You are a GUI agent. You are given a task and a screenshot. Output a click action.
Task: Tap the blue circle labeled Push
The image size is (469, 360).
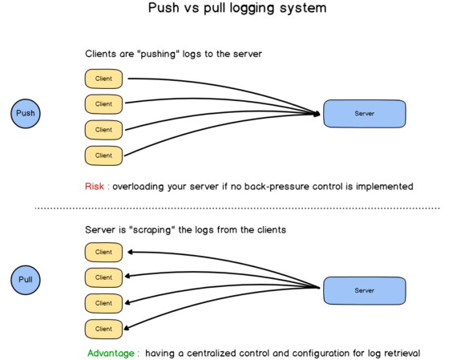26,113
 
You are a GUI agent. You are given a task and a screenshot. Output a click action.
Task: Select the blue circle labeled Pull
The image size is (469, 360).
26,280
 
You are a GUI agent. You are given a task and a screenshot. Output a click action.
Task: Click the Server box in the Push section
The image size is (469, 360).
365,114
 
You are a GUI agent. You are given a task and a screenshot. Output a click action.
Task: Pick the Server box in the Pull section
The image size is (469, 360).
365,290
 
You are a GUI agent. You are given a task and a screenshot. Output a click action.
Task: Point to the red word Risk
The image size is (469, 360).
95,187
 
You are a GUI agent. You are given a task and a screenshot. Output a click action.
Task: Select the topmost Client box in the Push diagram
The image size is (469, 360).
103,79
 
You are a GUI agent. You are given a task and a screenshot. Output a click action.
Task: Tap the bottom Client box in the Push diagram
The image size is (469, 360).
103,155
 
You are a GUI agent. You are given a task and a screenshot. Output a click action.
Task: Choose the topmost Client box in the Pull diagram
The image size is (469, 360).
103,252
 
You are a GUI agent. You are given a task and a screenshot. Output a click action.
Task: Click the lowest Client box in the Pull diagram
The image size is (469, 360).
103,329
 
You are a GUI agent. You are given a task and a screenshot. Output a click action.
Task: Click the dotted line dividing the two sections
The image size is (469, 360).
237,208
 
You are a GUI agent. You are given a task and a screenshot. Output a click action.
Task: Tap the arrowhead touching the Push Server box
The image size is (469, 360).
317,114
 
